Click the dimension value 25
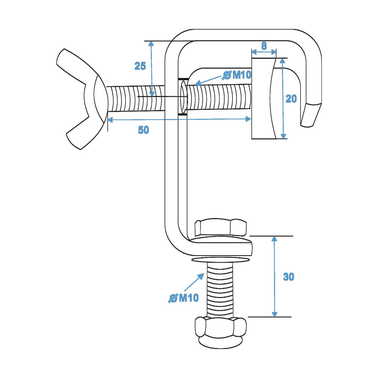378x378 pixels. point(140,66)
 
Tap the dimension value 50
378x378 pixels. point(143,130)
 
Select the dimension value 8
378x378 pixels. point(264,46)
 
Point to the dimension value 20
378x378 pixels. point(291,99)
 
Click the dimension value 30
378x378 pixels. point(288,277)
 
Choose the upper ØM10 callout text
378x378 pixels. point(237,75)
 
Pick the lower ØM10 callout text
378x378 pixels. point(183,298)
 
